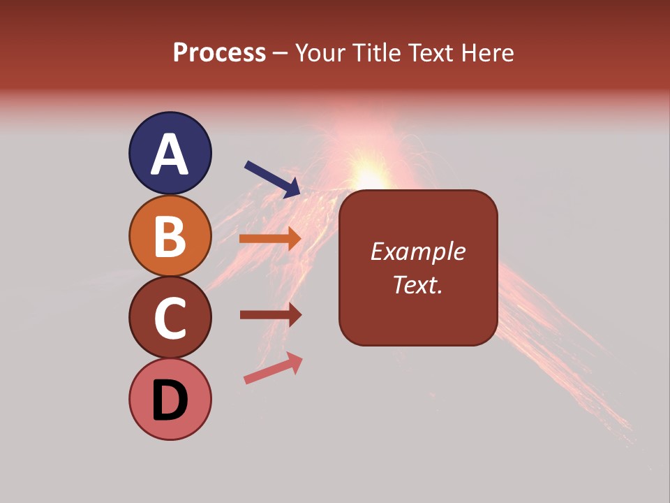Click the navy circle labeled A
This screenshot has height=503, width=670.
(170, 153)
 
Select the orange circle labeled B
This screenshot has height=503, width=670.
(170, 235)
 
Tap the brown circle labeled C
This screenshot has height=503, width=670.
(170, 317)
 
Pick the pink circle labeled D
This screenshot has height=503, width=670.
(170, 399)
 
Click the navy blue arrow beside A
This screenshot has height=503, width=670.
(273, 179)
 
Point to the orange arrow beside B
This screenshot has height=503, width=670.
(270, 238)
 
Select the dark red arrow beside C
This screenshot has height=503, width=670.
(270, 315)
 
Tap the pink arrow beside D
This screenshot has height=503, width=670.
(273, 368)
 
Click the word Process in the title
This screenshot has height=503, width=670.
(219, 52)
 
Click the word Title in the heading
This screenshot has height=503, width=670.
(373, 52)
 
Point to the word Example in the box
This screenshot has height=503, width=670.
(417, 251)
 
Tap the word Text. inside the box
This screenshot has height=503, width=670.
(417, 284)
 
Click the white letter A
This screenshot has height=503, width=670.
(170, 154)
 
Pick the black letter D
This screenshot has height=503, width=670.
(170, 400)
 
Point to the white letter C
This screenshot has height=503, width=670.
(170, 318)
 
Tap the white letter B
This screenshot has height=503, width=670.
(170, 236)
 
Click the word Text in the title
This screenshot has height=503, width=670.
(431, 52)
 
